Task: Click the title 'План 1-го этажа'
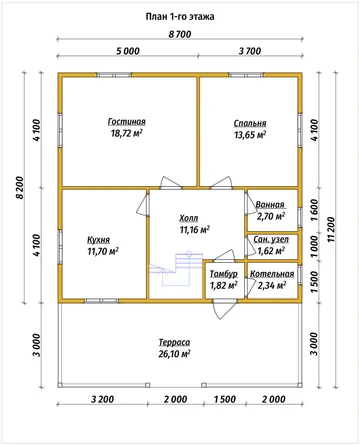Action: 180,17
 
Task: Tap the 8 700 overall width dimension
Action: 180,34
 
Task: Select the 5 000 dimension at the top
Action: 128,51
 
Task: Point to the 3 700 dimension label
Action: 250,51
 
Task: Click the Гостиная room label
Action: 127,122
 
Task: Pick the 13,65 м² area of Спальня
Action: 250,135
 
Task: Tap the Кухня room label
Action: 98,240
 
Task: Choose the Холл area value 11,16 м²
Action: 195,230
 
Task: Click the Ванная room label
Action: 270,205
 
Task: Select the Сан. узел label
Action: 271,239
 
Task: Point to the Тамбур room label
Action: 224,274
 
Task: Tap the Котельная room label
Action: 272,274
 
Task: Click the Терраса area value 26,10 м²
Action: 174,354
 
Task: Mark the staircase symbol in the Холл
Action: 177,268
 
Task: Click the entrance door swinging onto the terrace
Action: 225,309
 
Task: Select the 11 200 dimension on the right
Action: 330,230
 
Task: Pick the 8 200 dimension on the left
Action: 20,188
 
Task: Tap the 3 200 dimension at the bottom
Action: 103,399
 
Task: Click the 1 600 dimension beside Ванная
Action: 314,210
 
